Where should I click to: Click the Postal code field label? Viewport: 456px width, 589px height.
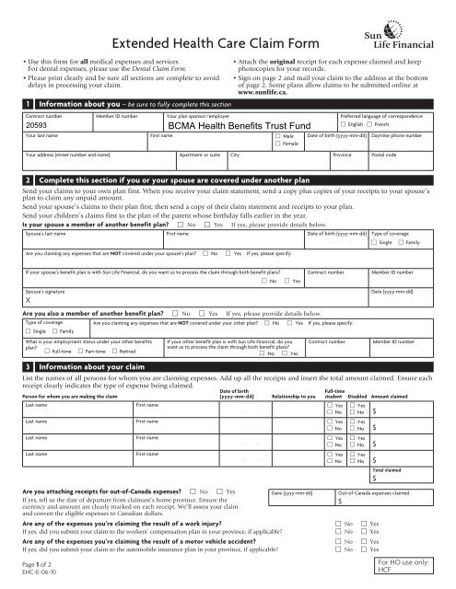point(386,156)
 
